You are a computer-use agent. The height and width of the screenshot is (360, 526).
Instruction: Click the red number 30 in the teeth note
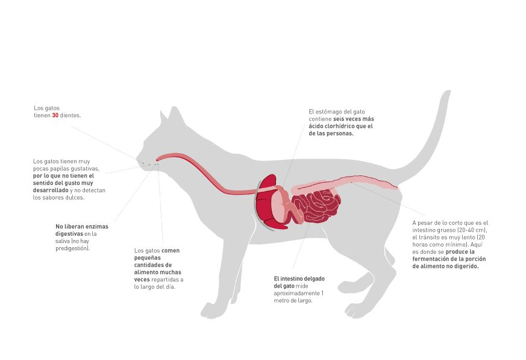click(x=55, y=115)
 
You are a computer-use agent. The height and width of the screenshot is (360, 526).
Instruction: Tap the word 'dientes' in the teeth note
click(x=70, y=115)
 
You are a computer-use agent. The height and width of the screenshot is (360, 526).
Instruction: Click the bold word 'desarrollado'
click(x=51, y=190)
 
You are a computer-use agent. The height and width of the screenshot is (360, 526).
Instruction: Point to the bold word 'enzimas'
click(x=96, y=226)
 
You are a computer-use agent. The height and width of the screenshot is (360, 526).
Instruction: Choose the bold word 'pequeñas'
click(x=147, y=258)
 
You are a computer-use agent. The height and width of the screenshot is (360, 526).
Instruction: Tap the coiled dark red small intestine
click(x=316, y=206)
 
